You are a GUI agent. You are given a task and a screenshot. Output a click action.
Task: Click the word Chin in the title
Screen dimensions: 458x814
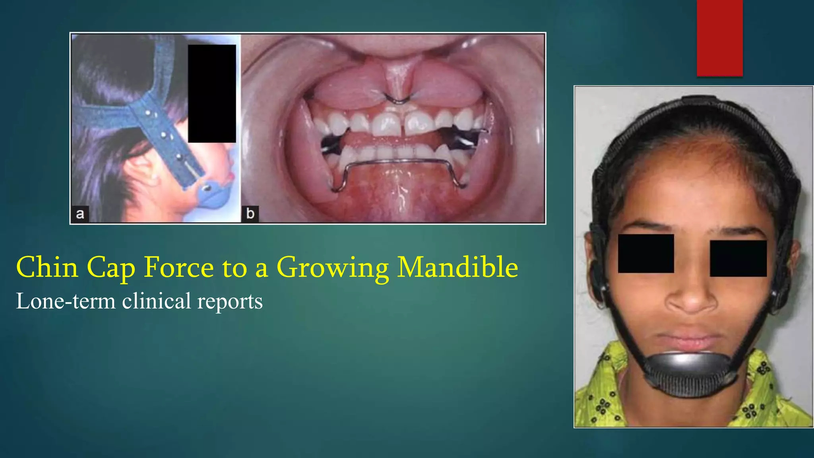click(47, 267)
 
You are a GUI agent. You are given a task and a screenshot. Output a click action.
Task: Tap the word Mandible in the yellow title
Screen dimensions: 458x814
click(457, 267)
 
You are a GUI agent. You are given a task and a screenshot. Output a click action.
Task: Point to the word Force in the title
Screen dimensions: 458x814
click(178, 267)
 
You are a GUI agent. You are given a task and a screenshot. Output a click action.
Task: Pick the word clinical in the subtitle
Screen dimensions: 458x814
click(156, 301)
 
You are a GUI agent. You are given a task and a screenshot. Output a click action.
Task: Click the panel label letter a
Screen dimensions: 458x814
click(80, 214)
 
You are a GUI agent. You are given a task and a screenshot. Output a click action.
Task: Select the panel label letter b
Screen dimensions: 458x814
click(250, 213)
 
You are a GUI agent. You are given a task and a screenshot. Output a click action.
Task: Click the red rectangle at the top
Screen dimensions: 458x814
click(719, 38)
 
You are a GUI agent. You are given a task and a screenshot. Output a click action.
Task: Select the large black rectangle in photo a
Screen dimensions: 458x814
click(212, 93)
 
